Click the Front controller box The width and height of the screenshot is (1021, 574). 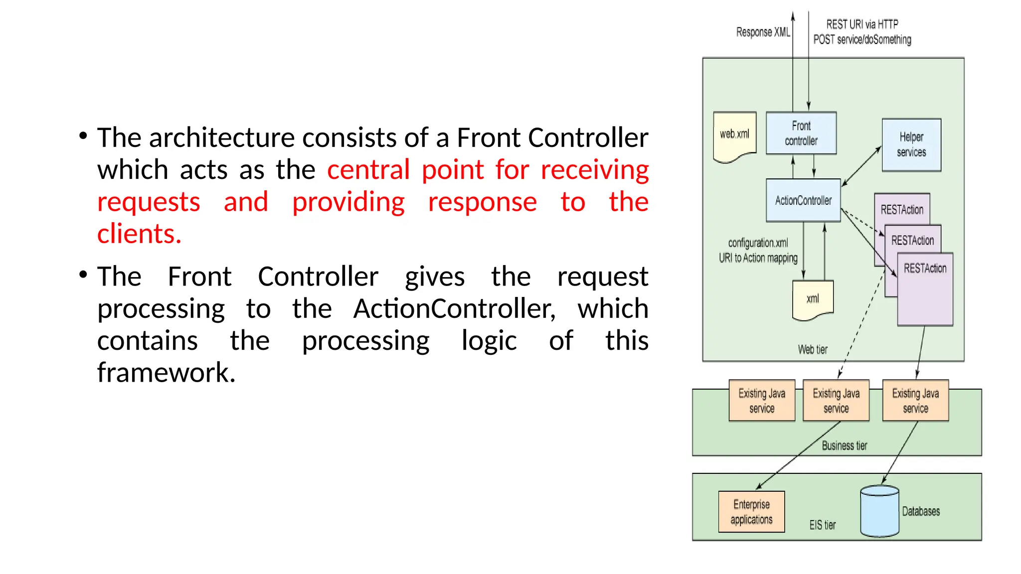pos(801,133)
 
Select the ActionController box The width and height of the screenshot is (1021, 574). pos(803,200)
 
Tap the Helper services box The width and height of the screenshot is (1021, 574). pos(911,145)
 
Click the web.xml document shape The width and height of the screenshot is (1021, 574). pos(734,135)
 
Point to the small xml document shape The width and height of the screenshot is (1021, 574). pos(813,299)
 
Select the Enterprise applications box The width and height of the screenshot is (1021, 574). pos(751,512)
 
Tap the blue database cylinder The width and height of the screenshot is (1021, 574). pos(879,512)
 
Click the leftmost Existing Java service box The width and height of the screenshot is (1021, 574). pos(762,401)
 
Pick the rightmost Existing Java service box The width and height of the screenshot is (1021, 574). pos(915,401)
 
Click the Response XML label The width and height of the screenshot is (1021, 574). pos(763,32)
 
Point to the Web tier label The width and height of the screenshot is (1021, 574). pos(813,350)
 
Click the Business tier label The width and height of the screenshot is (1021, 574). pos(844,445)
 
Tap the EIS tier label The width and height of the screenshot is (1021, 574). pos(822,525)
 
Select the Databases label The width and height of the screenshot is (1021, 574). pos(921,512)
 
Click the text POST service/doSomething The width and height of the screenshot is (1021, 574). pos(862,40)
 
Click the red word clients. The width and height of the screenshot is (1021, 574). pos(139,234)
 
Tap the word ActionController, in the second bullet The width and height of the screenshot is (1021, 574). pos(454,309)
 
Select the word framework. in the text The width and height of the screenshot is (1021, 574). pos(166,373)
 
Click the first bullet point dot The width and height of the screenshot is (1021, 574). pos(83,136)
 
